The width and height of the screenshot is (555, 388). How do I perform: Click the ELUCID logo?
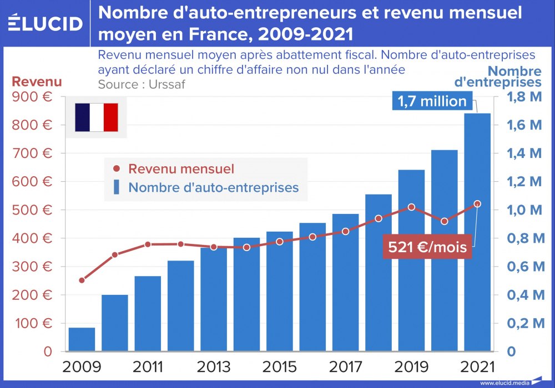pos(45,23)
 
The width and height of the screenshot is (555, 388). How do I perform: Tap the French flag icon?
pos(96,118)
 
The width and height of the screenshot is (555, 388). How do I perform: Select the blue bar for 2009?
pos(82,339)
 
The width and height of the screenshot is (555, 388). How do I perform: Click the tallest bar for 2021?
pos(477,233)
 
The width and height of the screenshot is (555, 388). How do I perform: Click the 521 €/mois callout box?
pos(427,247)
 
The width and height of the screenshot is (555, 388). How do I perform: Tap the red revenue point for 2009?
pos(82,280)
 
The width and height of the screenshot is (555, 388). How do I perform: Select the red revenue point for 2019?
pos(411,207)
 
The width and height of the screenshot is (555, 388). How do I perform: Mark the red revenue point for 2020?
pos(444,221)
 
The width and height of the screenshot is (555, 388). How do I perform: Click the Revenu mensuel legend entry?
pos(174,169)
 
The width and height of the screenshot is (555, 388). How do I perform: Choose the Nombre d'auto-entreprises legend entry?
pos(206,187)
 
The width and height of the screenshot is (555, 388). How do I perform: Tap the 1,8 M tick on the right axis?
pos(524,96)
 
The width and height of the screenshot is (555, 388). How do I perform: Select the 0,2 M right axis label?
pos(524,323)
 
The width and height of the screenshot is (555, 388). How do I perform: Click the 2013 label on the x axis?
pos(214,367)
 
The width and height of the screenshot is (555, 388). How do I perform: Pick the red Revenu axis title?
pos(37,81)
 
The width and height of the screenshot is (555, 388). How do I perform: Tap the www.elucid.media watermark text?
pos(504,382)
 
